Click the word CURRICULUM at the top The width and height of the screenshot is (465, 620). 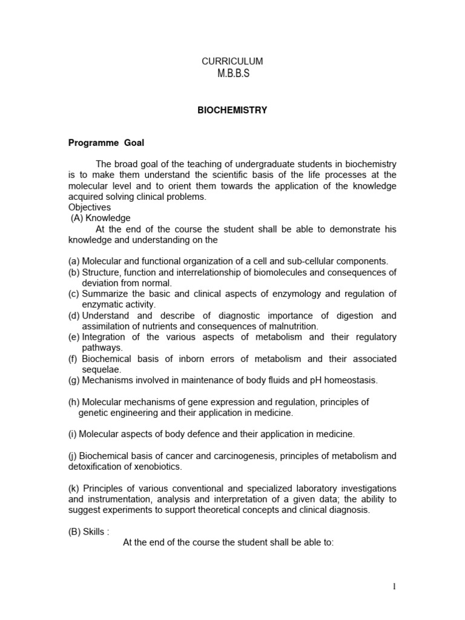point(232,62)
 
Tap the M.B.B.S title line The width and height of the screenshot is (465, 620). point(232,74)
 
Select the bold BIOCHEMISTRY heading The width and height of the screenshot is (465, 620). point(232,110)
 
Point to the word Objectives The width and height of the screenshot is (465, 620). point(89,208)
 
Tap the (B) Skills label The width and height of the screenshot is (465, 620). point(88,532)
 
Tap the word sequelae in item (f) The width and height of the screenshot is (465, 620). point(102,369)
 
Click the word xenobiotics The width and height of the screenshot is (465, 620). point(156,467)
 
